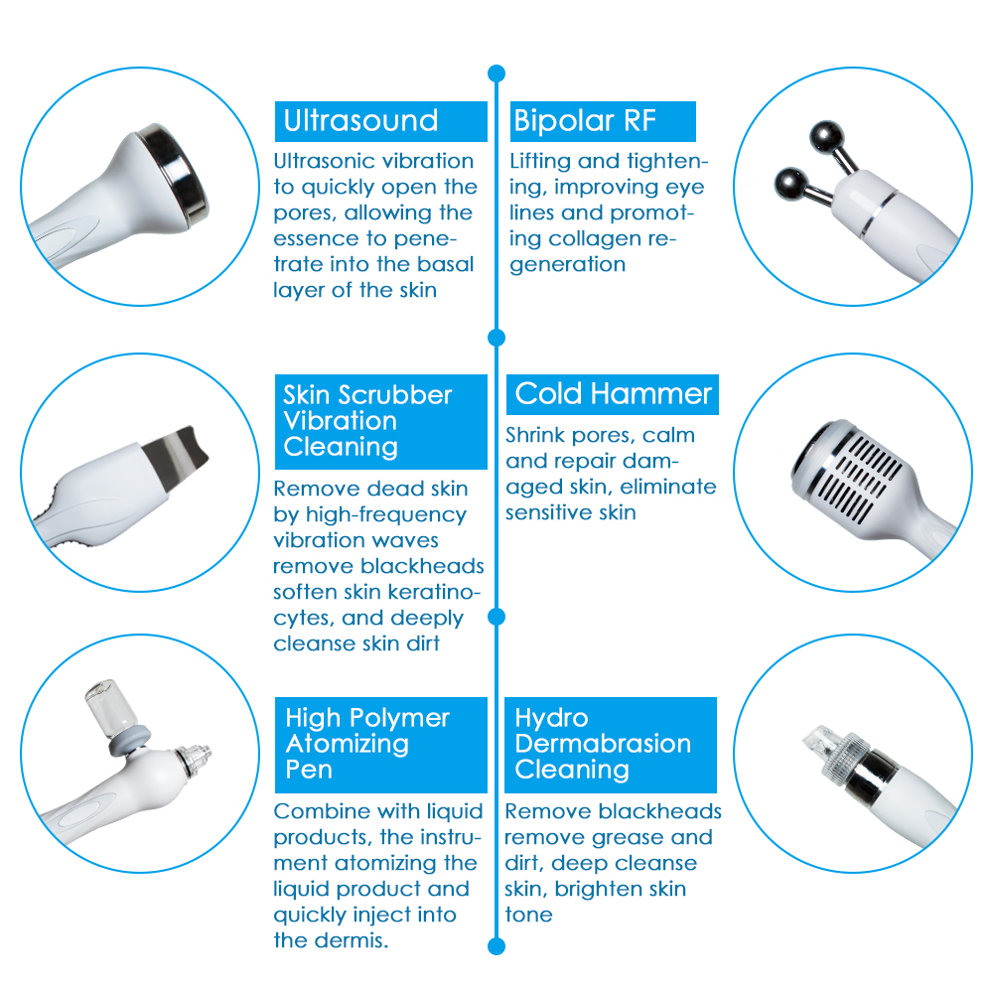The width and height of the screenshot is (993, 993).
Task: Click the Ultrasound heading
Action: [361, 120]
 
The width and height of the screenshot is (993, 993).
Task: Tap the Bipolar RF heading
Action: [585, 120]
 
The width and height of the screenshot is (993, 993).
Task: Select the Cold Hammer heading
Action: [613, 394]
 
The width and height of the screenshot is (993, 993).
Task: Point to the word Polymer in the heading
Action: [399, 719]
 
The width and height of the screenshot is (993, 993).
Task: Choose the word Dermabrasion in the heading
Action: [603, 744]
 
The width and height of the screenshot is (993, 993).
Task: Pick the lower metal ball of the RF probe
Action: [791, 185]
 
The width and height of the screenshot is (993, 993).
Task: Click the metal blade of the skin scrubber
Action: [174, 452]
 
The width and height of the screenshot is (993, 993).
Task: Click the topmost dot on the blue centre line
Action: [496, 73]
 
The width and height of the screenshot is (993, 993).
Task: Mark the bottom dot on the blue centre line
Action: [496, 946]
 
